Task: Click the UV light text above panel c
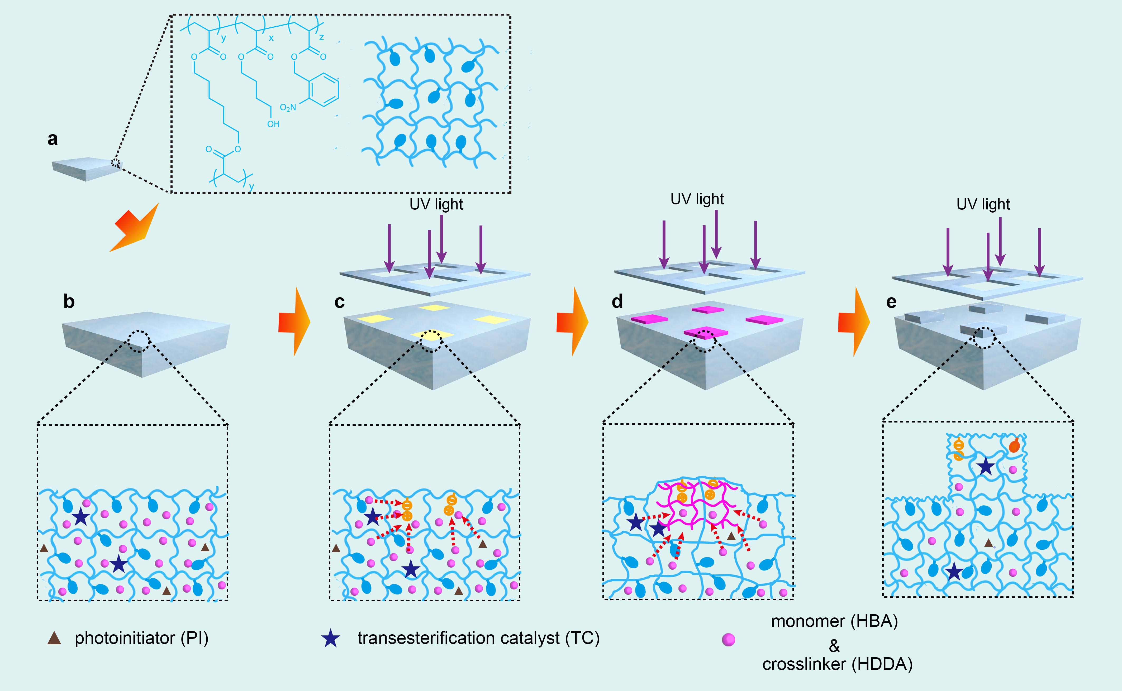[x=436, y=204]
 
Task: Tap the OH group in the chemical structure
[x=273, y=124]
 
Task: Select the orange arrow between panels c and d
[x=572, y=322]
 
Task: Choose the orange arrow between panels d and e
[x=854, y=322]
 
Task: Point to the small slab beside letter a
[x=87, y=169]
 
